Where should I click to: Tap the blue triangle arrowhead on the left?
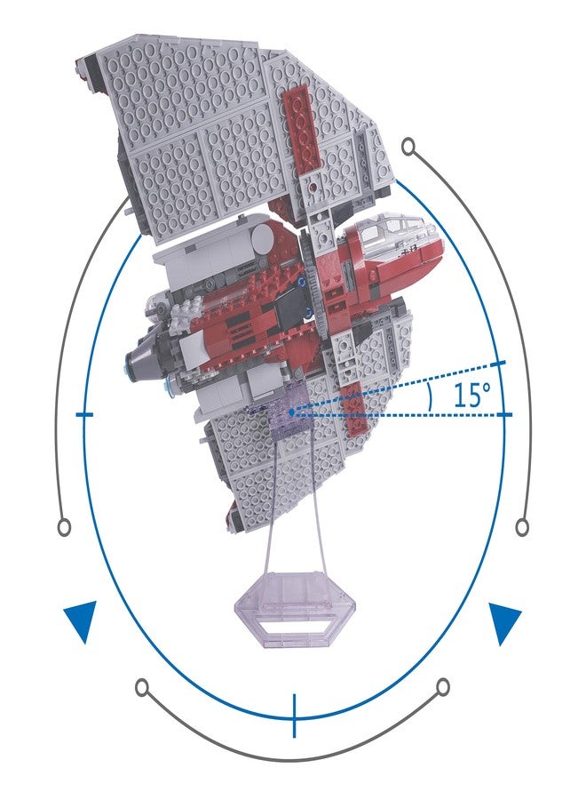point(82,620)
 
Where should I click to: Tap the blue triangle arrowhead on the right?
point(503,622)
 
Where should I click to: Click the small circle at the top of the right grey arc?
point(408,147)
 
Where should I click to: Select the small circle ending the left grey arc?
point(64,526)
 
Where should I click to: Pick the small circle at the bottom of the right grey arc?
point(522,526)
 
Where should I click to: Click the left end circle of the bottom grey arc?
point(143,686)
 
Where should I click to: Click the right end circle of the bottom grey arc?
point(443,686)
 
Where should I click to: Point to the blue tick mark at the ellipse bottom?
point(294,716)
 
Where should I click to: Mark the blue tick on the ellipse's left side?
point(84,415)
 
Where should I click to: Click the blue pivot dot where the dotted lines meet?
point(291,412)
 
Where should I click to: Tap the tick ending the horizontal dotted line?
point(504,415)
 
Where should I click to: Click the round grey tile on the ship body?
point(264,236)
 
